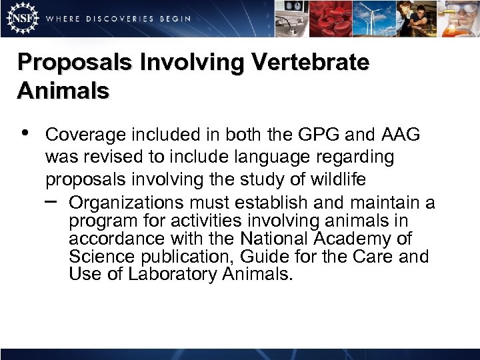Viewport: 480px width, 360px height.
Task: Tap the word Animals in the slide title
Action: (63, 91)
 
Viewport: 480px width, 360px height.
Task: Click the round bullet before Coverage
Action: (25, 133)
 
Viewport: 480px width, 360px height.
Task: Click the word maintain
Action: (388, 203)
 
